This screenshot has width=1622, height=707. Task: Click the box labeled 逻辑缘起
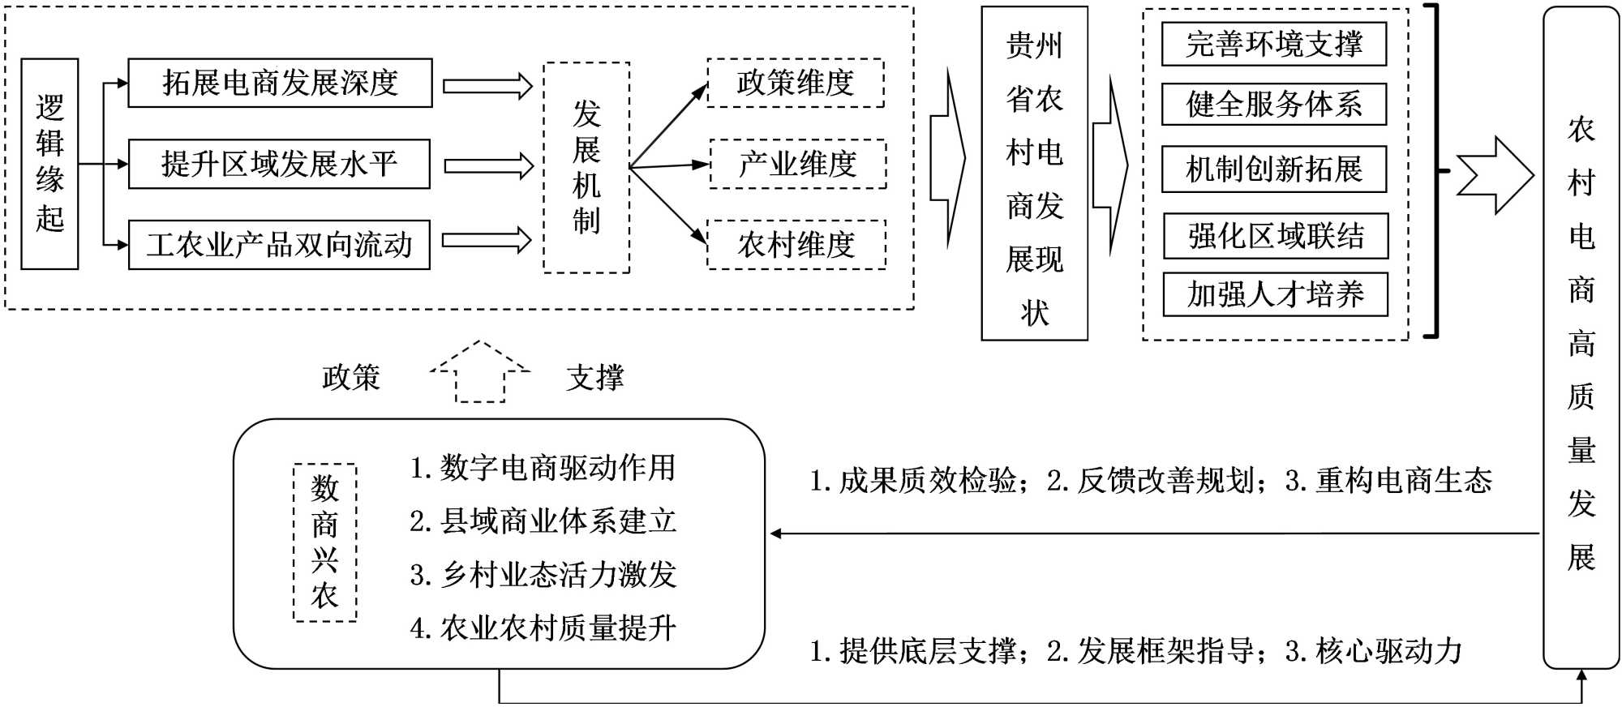[x=49, y=164]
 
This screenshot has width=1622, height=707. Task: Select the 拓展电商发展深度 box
[x=280, y=83]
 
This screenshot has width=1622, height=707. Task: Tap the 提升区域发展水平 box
[x=279, y=165]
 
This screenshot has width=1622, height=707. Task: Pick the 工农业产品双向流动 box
[x=279, y=245]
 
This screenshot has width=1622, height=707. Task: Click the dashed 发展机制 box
[x=586, y=168]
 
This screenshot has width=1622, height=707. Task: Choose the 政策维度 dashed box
[x=796, y=83]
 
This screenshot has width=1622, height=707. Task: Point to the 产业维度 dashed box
[x=798, y=165]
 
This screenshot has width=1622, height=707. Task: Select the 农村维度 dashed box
[x=796, y=245]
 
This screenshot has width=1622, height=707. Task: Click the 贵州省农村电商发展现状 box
[x=1034, y=174]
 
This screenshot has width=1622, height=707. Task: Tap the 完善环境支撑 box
[x=1274, y=44]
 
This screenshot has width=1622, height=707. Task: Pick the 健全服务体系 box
[x=1274, y=104]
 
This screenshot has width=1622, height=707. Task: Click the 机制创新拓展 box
[x=1274, y=169]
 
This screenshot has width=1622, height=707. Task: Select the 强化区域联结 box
[x=1276, y=236]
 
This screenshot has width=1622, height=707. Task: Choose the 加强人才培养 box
[x=1276, y=294]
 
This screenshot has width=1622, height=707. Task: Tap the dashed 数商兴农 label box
[x=324, y=542]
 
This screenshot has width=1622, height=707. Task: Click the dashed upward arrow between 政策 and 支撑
[x=480, y=372]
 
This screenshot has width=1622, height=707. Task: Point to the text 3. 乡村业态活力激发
[x=543, y=575]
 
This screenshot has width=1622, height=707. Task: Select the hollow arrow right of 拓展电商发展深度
[x=487, y=86]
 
